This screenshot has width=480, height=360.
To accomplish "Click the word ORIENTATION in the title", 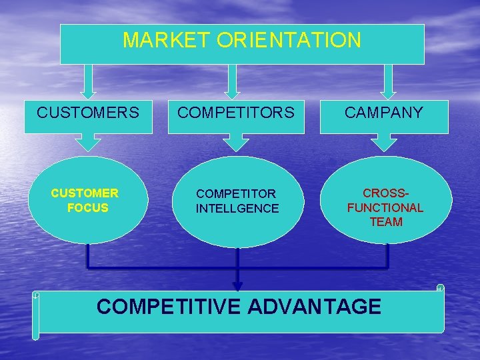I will coord(289,41).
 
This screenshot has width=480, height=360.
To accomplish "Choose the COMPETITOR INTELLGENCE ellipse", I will coord(237,201).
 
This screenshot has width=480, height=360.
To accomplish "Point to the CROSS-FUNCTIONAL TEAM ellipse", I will coord(386,201).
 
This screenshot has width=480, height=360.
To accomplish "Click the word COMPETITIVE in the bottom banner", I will coord(169,307).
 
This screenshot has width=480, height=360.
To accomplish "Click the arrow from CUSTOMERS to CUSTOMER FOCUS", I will coord(88,142).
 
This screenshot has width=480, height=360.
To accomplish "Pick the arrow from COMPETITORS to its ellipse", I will coord(236,142).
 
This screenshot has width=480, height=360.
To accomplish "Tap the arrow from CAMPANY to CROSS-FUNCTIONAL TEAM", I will coord(383,142).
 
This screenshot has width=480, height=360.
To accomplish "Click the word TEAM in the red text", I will coord(386,222).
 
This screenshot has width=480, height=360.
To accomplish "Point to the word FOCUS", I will coord(87,208).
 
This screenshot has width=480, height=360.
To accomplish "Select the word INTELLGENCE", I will coord(237,209).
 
